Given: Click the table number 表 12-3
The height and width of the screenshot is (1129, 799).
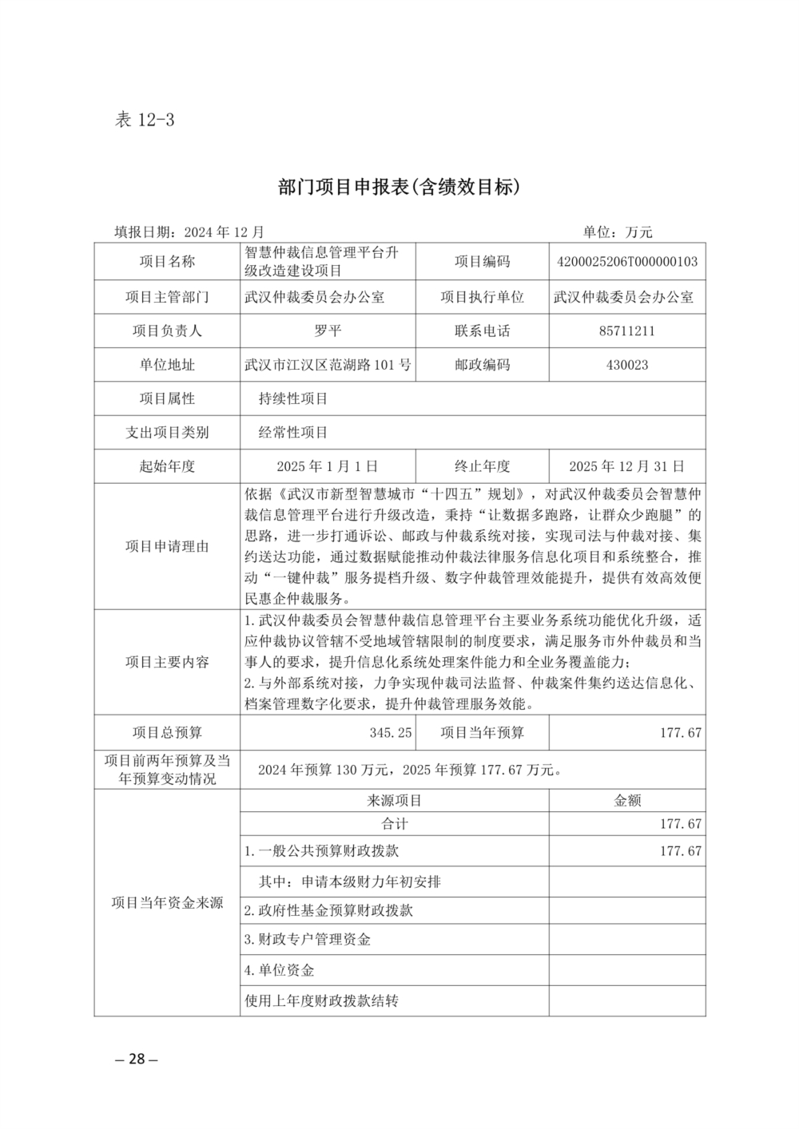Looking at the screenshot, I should click(x=145, y=120).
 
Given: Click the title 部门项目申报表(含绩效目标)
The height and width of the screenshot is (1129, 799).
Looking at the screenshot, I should click(x=399, y=187).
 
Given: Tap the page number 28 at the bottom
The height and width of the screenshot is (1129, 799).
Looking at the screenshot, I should click(x=137, y=1059).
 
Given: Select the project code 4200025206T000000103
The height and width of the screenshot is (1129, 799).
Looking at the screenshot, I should click(x=627, y=261).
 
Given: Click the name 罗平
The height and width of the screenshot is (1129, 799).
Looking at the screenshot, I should click(x=328, y=331).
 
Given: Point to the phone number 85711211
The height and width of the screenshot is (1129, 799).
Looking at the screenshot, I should click(x=627, y=331).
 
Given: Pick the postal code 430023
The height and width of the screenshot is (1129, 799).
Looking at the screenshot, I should click(x=627, y=365).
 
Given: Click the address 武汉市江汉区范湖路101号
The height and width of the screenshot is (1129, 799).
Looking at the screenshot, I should click(x=328, y=365).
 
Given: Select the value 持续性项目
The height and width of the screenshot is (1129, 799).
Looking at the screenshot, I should click(x=293, y=398).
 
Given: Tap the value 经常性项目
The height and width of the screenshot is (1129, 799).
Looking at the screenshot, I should click(x=293, y=433).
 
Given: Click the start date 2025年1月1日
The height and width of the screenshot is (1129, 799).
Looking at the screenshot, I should click(x=328, y=466).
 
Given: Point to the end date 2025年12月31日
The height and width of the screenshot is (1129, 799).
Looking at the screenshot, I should click(x=627, y=466).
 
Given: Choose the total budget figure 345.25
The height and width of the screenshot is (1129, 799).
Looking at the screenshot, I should click(x=391, y=732).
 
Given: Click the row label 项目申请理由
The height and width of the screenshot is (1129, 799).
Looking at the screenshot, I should click(x=167, y=546).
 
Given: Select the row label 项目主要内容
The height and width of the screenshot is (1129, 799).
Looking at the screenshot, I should click(x=167, y=662).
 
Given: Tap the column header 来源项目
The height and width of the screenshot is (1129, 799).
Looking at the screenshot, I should click(x=395, y=800).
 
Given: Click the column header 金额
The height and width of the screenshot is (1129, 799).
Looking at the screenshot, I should click(x=627, y=800).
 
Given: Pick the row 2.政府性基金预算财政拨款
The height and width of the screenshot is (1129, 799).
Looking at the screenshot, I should click(x=328, y=910).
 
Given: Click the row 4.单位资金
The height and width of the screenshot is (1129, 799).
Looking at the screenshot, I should click(x=279, y=970).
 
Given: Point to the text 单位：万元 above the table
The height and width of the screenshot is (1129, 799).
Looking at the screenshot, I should click(x=618, y=232).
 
